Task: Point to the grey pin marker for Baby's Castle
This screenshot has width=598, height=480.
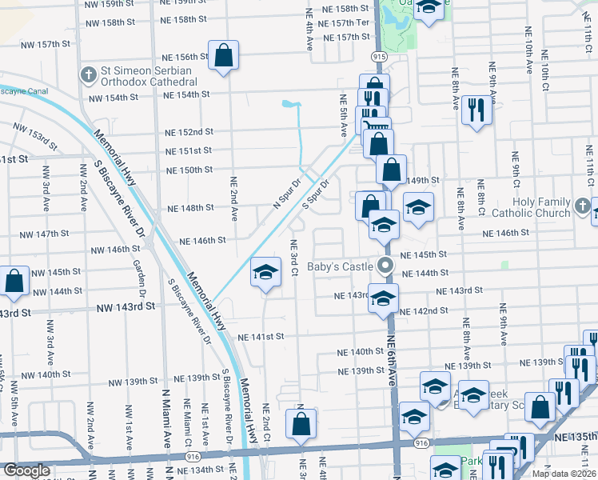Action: coord(386,266)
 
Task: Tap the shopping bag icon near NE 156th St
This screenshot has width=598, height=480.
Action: coord(224,57)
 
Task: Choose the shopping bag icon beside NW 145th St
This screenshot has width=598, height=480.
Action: coord(14,282)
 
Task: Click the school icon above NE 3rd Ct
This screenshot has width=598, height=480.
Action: coord(265,274)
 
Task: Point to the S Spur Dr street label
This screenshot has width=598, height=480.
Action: coord(314,196)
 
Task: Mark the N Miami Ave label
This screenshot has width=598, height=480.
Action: coord(167,423)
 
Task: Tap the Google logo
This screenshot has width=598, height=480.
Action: coord(26,470)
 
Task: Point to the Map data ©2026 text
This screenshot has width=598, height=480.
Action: coord(563,474)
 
